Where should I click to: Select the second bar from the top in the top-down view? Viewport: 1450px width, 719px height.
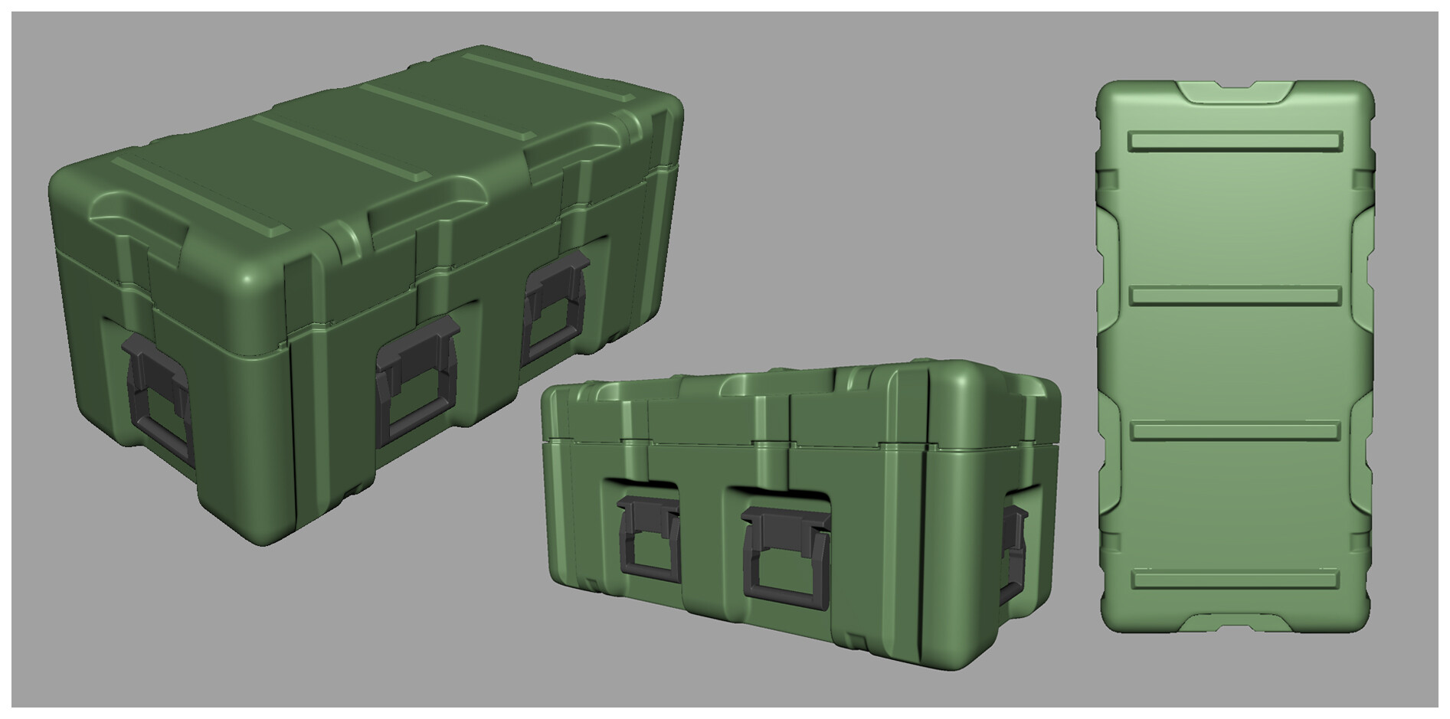coord(1236,296)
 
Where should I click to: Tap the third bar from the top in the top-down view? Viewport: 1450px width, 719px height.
coord(1236,430)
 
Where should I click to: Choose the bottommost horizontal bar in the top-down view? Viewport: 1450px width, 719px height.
coord(1236,580)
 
